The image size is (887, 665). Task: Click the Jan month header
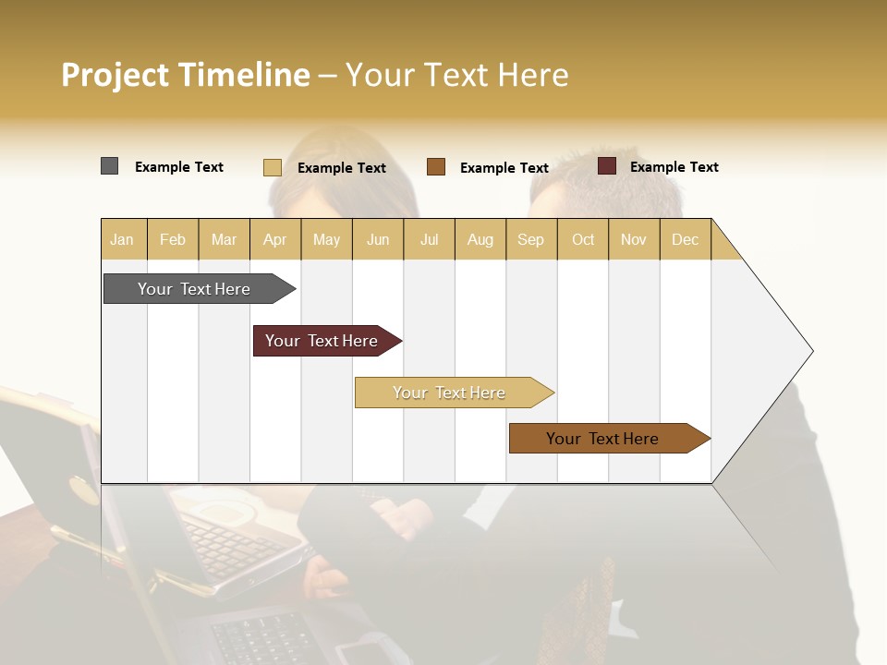click(x=123, y=239)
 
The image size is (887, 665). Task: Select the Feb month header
click(x=173, y=239)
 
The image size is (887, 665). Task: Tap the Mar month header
click(x=224, y=239)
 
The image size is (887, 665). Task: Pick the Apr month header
click(x=275, y=239)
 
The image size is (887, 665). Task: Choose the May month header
click(x=326, y=239)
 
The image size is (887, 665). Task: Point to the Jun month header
click(x=378, y=239)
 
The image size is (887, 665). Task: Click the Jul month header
click(x=429, y=239)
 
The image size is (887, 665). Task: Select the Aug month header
click(x=480, y=239)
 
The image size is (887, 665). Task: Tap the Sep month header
click(x=531, y=239)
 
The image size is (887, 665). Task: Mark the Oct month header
click(x=583, y=239)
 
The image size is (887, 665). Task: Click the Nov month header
click(x=634, y=239)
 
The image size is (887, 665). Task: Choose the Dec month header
click(x=686, y=239)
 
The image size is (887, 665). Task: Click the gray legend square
click(x=110, y=166)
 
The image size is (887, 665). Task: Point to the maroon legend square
click(x=607, y=166)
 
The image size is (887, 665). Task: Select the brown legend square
click(x=436, y=167)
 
